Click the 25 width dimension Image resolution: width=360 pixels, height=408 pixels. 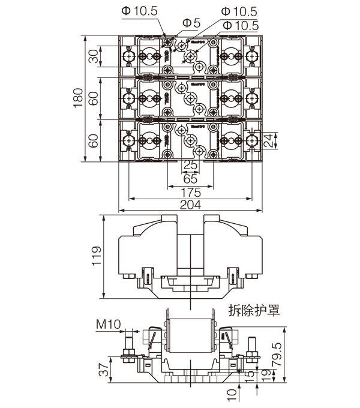[190, 165]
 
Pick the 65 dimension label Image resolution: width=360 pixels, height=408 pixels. [190, 178]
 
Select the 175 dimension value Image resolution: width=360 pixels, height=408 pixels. [190, 192]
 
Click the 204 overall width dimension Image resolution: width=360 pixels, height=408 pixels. [190, 205]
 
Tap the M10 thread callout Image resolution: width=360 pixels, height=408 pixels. [109, 325]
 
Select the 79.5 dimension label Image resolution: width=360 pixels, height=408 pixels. [294, 354]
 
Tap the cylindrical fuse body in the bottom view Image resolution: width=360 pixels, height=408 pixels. [190, 336]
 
